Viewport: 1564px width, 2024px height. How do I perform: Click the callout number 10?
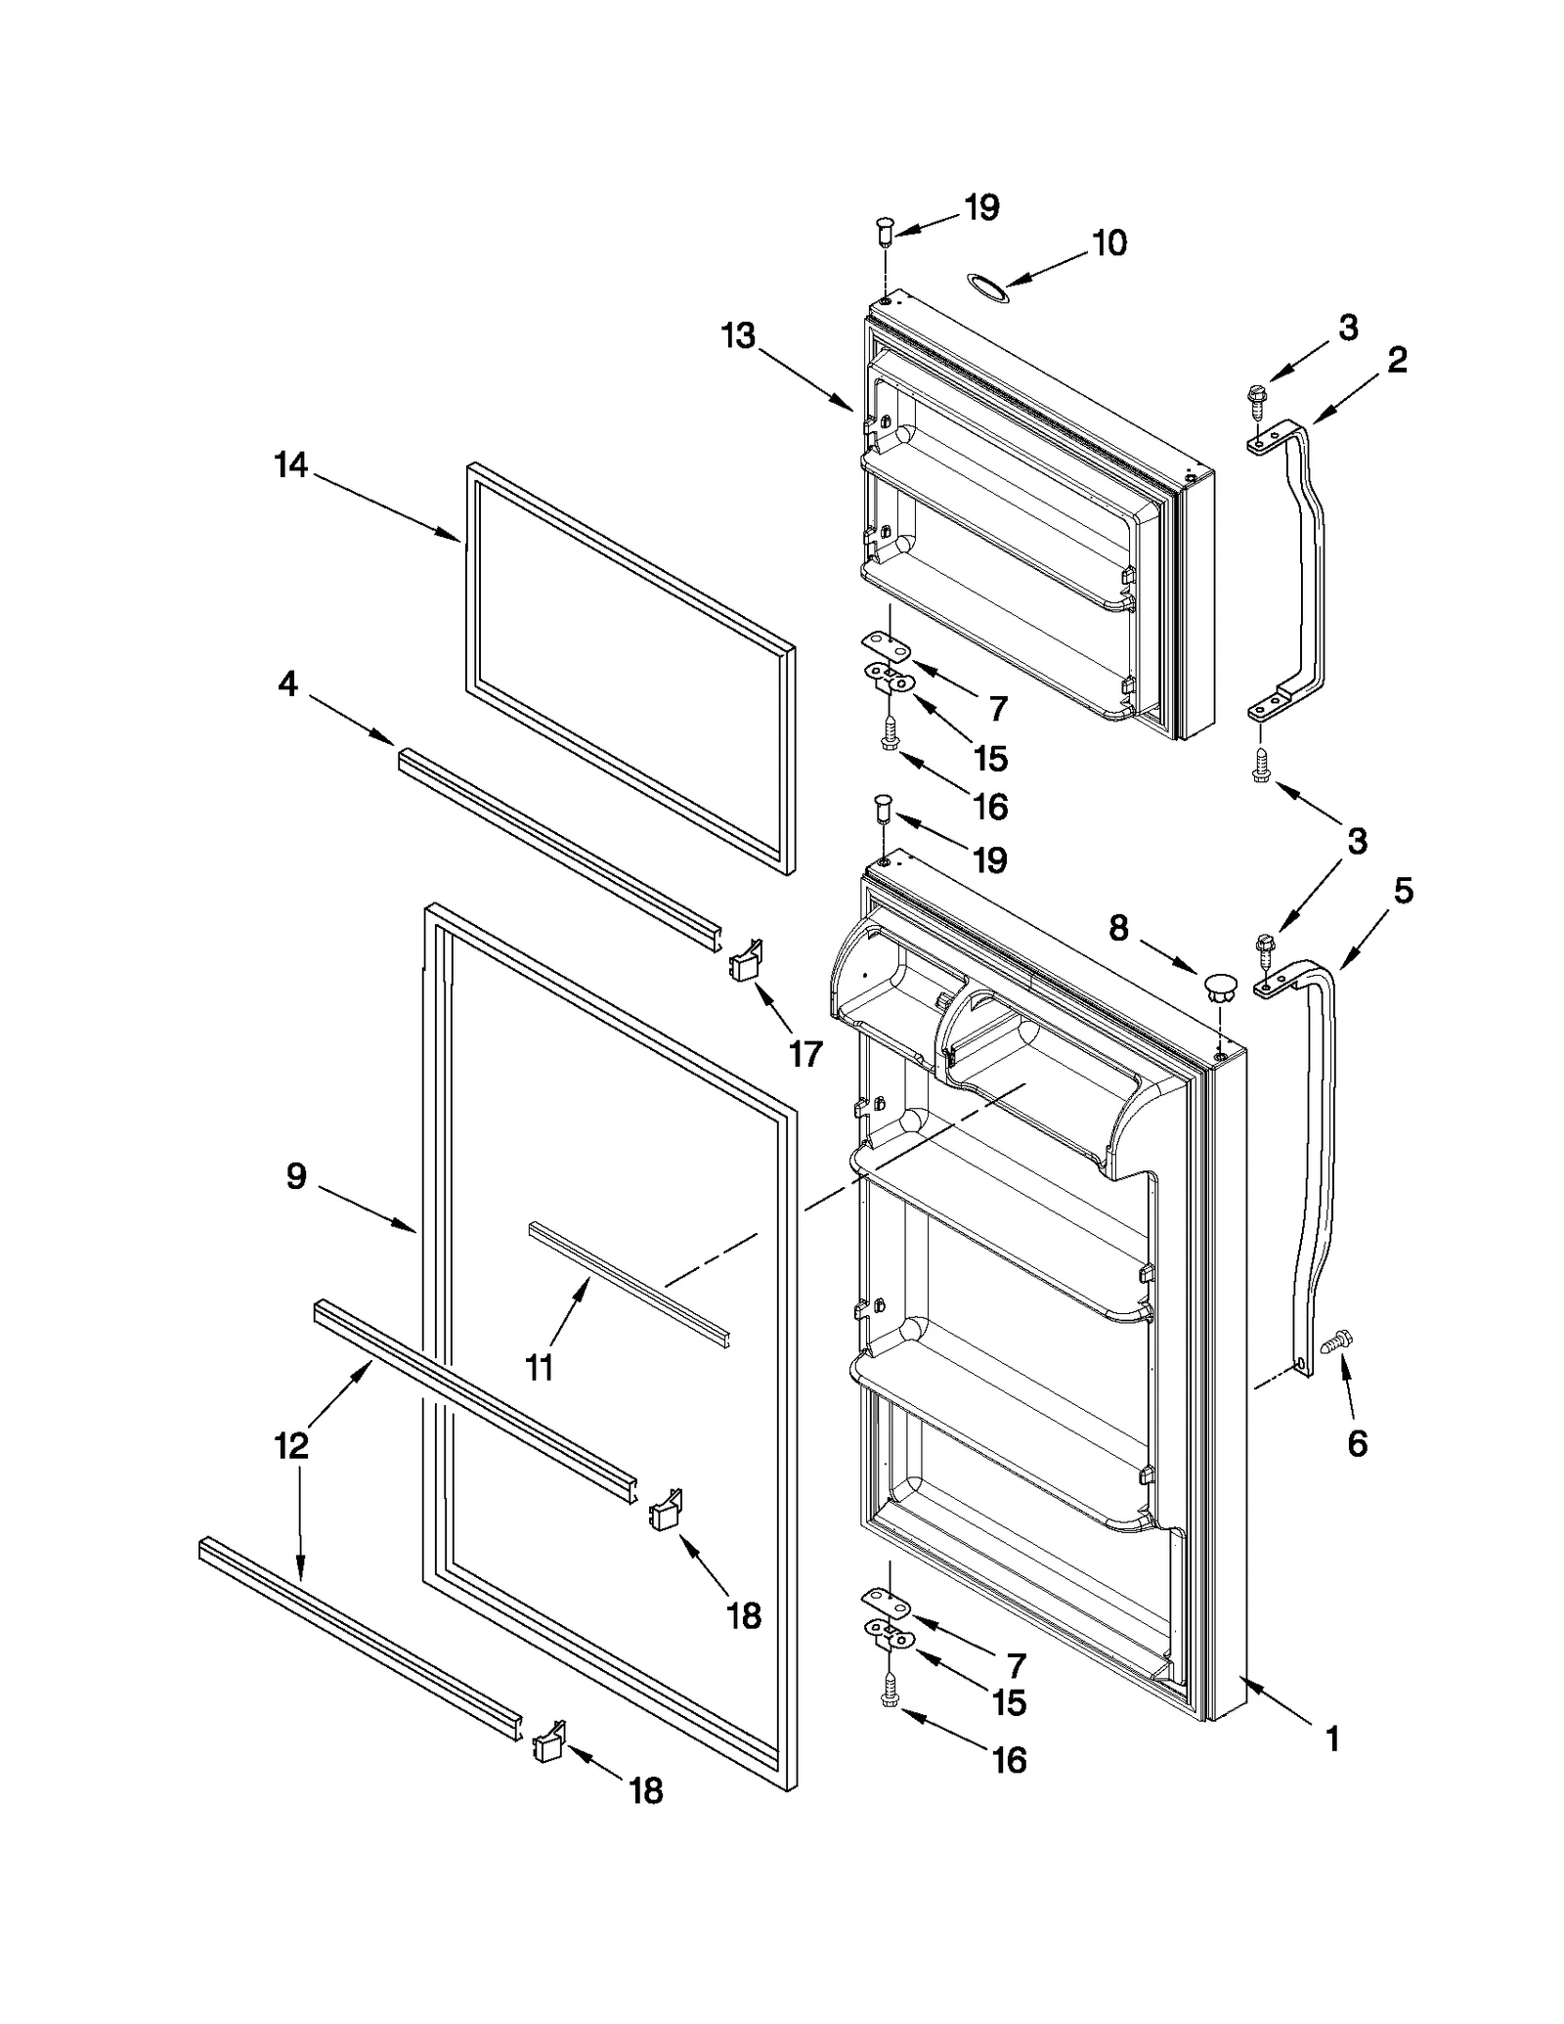tap(1108, 242)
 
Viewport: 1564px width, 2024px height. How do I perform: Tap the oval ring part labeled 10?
tap(985, 285)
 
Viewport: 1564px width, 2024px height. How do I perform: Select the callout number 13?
tap(738, 335)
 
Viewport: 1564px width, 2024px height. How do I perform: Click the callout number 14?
tap(290, 464)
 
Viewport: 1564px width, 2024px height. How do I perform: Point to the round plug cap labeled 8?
tap(1217, 986)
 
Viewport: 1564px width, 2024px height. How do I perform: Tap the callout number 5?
tap(1403, 890)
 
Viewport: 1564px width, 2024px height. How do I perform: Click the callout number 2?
tap(1397, 360)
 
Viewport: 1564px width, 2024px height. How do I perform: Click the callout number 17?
tap(805, 1053)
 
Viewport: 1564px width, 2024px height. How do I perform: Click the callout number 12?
tap(291, 1444)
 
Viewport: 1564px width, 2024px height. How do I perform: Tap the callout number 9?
tap(296, 1175)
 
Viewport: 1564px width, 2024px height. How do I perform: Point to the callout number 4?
tap(287, 683)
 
